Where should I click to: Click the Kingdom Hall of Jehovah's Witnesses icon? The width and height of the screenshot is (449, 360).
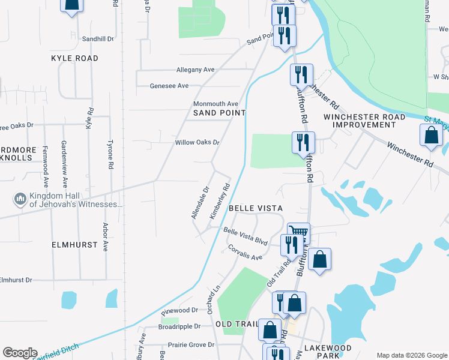point(20,199)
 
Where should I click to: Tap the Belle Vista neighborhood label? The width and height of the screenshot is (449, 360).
point(256,208)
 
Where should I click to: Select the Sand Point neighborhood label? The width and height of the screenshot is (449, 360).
point(220,113)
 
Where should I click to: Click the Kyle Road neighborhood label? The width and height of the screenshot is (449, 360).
point(74,58)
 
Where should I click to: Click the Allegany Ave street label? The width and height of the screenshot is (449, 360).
point(195,70)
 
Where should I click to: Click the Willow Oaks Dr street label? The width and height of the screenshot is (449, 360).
point(197,143)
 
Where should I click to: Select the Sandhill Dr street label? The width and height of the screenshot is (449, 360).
point(98,39)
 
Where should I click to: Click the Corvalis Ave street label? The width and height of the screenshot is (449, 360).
point(245,253)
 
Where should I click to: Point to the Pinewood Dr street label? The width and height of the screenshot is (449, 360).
point(179,311)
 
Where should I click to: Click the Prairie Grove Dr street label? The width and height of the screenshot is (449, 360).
point(191,345)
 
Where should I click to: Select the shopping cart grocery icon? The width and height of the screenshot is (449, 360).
point(298,231)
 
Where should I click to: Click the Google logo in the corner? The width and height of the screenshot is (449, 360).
point(20,353)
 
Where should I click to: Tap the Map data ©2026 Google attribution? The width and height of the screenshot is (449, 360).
point(411,355)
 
